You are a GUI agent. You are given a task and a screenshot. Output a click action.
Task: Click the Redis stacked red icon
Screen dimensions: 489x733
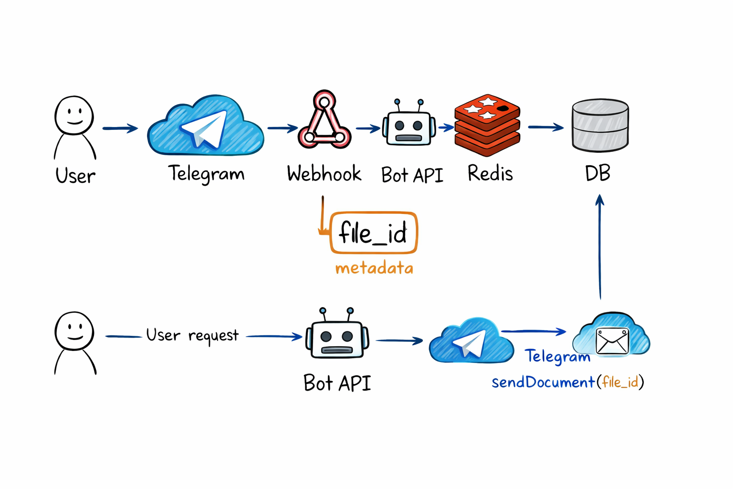[x=487, y=125]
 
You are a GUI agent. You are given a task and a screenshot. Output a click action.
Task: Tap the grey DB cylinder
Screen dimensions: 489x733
[x=600, y=125]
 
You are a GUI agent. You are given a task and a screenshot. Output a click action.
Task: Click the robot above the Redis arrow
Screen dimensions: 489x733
[x=409, y=125]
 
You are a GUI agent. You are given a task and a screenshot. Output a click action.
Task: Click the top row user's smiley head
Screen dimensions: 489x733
[x=74, y=115]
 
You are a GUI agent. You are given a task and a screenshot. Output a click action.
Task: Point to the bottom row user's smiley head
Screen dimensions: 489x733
[x=74, y=331]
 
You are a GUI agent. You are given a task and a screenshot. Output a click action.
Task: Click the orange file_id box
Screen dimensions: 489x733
[x=374, y=233]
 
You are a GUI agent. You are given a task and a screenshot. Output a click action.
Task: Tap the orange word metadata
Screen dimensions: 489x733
[x=374, y=268]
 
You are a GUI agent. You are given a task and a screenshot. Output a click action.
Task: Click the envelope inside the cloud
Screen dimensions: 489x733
[x=612, y=341]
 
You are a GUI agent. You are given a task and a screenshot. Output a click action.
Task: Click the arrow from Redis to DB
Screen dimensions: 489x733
[x=545, y=127]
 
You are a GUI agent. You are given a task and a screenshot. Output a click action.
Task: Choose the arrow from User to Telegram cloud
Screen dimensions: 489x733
[x=120, y=128]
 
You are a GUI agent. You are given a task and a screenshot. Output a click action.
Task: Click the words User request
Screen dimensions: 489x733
[x=192, y=336]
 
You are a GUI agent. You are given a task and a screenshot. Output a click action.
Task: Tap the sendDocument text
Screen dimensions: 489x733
[x=543, y=383]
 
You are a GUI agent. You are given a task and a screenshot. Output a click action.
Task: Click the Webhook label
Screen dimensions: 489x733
[x=324, y=174]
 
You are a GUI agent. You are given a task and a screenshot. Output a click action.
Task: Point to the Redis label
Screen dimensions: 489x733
[x=490, y=173]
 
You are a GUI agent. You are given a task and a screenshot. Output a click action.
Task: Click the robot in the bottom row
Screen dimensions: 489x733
[x=337, y=334]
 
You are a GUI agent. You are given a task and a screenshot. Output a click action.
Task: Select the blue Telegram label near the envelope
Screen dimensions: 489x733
[x=557, y=357]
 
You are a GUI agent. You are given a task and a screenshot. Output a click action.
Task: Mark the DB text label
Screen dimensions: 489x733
[x=597, y=173]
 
